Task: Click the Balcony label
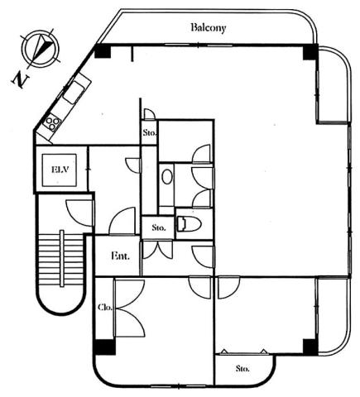click(209, 28)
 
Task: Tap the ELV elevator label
click(60, 169)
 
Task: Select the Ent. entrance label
click(120, 256)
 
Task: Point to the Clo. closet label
click(105, 307)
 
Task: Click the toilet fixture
click(188, 224)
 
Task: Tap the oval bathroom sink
click(167, 176)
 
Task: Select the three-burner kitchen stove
click(53, 123)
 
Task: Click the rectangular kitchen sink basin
click(74, 92)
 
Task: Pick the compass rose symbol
click(41, 49)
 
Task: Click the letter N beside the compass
click(20, 79)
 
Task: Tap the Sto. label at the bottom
click(242, 368)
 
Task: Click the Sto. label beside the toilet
click(159, 227)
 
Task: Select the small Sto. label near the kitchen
click(149, 132)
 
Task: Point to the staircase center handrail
click(62, 259)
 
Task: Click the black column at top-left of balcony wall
click(103, 51)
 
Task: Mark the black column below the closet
click(104, 347)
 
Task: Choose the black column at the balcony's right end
click(310, 52)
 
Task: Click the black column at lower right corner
click(310, 347)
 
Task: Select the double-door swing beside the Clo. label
click(130, 308)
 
